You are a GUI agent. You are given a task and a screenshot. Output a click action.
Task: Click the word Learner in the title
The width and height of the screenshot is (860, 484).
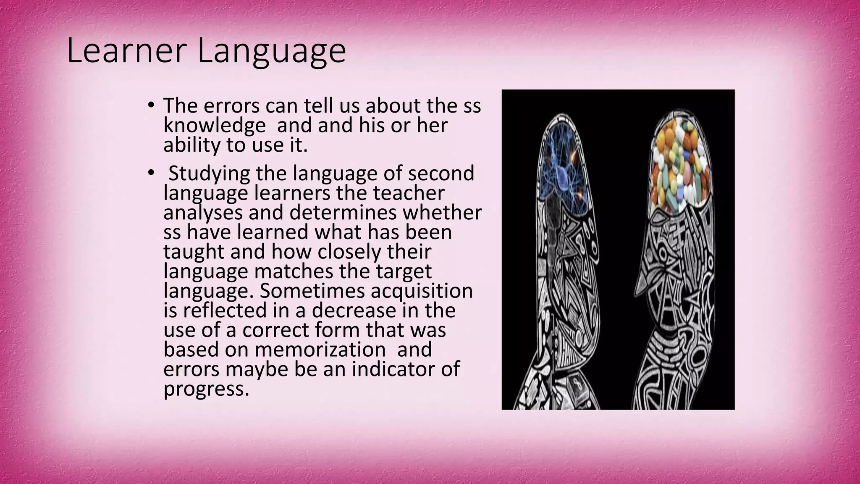point(126,50)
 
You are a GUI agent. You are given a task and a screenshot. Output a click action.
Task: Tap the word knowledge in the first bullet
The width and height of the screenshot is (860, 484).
point(214,126)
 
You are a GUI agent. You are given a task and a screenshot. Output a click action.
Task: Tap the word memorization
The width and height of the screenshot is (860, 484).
point(320,350)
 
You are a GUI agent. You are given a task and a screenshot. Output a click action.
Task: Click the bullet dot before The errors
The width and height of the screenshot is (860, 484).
point(151,105)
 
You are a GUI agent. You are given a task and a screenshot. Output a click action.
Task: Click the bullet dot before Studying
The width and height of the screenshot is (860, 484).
point(151,174)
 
